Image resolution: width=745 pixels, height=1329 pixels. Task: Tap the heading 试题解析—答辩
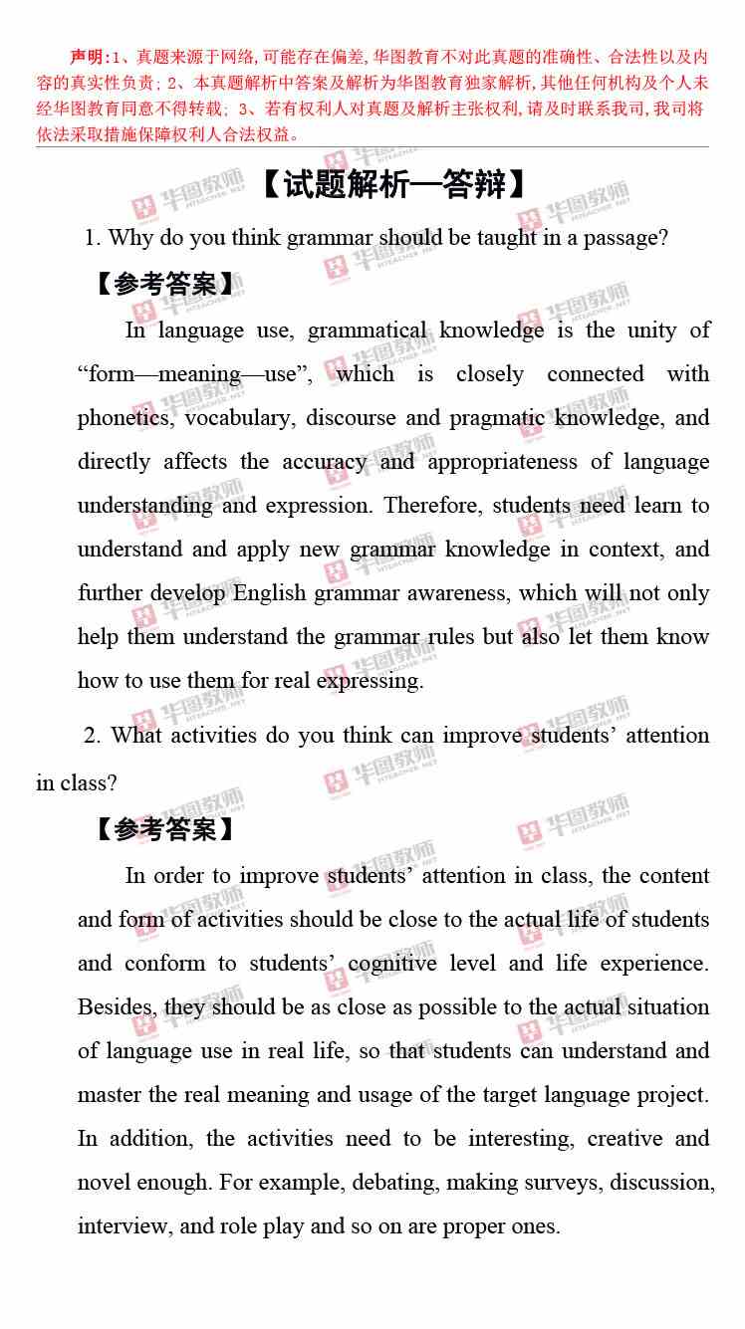pyautogui.click(x=392, y=185)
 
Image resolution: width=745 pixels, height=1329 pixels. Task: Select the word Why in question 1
pyautogui.click(x=129, y=238)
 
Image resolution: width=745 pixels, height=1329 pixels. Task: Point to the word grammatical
pyautogui.click(x=368, y=331)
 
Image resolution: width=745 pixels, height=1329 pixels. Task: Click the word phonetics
pyautogui.click(x=124, y=418)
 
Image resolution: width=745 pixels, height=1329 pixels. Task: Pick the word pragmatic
pyautogui.click(x=496, y=418)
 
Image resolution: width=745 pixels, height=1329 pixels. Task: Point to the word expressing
pyautogui.click(x=370, y=681)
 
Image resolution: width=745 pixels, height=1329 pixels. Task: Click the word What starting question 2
pyautogui.click(x=135, y=736)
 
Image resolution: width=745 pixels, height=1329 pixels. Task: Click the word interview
pyautogui.click(x=124, y=1226)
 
